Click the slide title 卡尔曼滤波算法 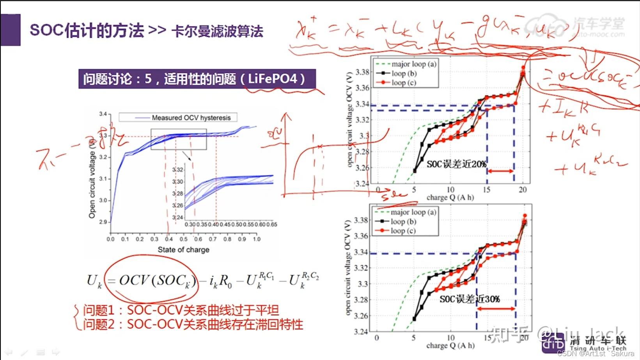(x=217, y=31)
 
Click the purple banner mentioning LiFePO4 (x=197, y=79)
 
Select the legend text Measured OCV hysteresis (x=191, y=118)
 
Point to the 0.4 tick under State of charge (x=169, y=239)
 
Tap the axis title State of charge (x=183, y=250)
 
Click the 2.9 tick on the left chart (x=103, y=222)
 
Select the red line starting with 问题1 (x=181, y=310)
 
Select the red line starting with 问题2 (x=193, y=325)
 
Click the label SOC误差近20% (x=456, y=164)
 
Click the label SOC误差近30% (x=470, y=299)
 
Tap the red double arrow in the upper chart (x=500, y=171)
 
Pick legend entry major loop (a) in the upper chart (x=414, y=64)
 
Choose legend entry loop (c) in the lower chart (x=403, y=231)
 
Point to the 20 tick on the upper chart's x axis (x=523, y=190)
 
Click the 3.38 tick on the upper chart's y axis (x=362, y=72)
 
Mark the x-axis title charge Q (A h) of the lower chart (x=450, y=346)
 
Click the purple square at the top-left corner (x=11, y=30)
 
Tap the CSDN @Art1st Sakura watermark (x=596, y=354)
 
